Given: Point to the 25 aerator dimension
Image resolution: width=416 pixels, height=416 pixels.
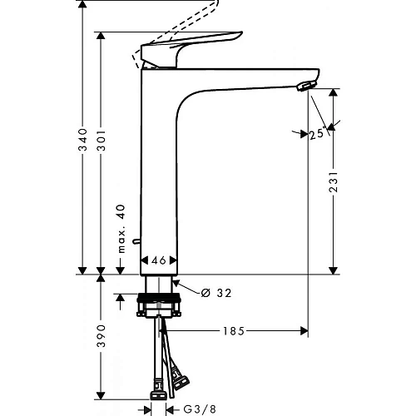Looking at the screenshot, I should [315, 136].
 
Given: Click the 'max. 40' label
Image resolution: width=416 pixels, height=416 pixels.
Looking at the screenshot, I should [121, 230].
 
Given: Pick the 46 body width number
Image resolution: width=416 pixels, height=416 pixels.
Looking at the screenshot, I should [159, 260].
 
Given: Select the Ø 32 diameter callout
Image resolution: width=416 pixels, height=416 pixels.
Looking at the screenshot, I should [217, 292].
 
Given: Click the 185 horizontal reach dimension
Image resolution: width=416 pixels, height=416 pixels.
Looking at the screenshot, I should [234, 332].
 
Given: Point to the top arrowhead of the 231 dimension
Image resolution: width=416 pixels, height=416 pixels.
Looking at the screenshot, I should [334, 92].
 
